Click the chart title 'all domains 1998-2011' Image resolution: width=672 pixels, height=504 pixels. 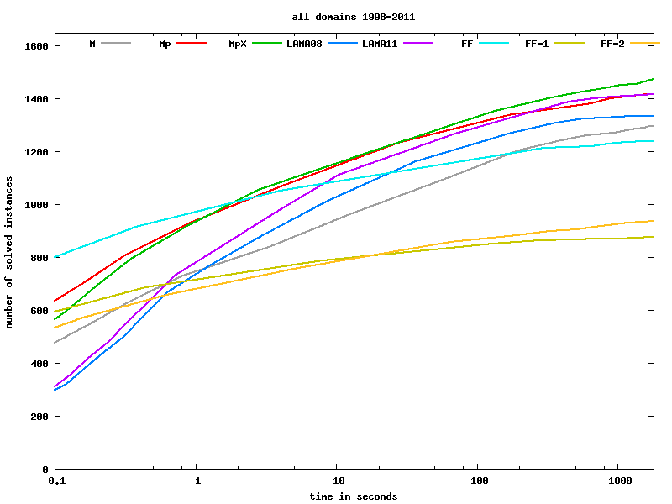tap(353, 17)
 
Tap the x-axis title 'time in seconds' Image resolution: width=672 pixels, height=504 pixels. tap(353, 496)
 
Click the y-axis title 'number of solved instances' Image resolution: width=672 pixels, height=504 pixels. tap(9, 252)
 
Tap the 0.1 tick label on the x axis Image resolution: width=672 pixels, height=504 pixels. tap(56, 480)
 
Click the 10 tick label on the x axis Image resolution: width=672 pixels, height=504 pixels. tap(337, 480)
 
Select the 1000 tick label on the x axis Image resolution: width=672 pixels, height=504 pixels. tap(618, 480)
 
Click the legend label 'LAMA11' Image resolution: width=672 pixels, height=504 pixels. tap(380, 43)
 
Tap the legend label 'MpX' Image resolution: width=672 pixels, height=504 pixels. tap(237, 43)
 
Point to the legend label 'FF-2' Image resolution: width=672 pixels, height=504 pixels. tap(612, 43)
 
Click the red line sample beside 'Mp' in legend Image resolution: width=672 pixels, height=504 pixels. tap(192, 42)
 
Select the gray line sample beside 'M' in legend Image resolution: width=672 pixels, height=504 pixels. tap(117, 42)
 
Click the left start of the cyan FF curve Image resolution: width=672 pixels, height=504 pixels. tap(56, 257)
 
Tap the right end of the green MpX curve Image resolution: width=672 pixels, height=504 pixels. tap(653, 79)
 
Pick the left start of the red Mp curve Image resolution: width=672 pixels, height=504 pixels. tap(56, 301)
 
